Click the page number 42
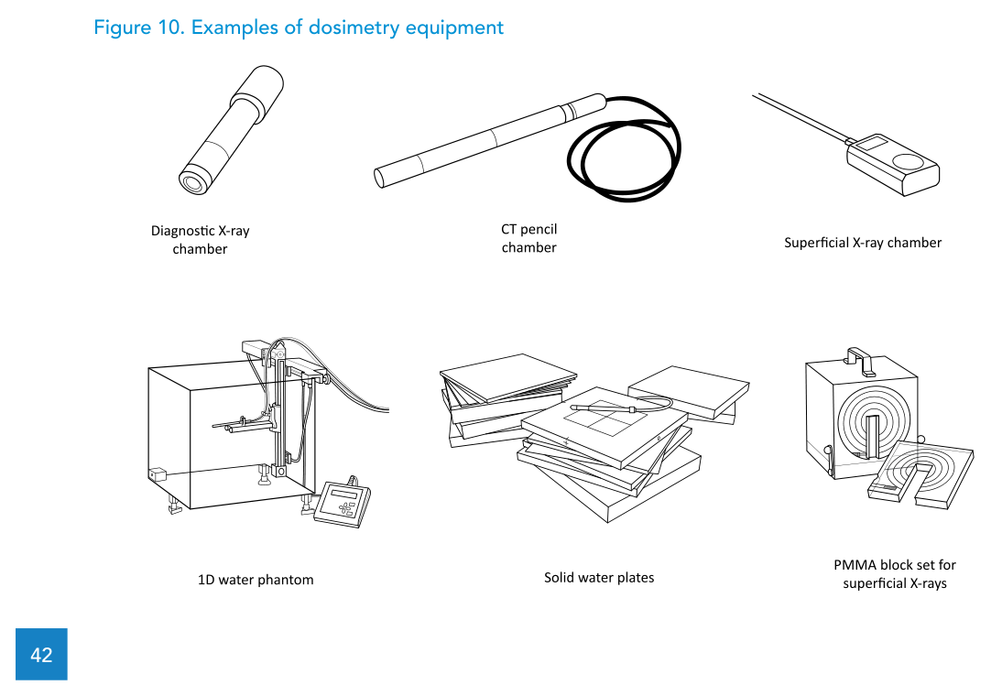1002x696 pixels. coord(41,654)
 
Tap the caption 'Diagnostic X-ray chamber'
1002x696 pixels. coord(200,240)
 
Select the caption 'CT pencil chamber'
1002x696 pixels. coord(528,238)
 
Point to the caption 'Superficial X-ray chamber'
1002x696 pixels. coord(862,243)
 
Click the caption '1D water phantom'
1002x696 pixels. coord(256,580)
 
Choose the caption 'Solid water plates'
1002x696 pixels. coord(599,578)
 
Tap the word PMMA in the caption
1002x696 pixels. coord(853,565)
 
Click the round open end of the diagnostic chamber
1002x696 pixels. coord(193,182)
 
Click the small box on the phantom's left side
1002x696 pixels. coord(156,474)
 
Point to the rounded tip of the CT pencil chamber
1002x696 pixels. coord(378,176)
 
